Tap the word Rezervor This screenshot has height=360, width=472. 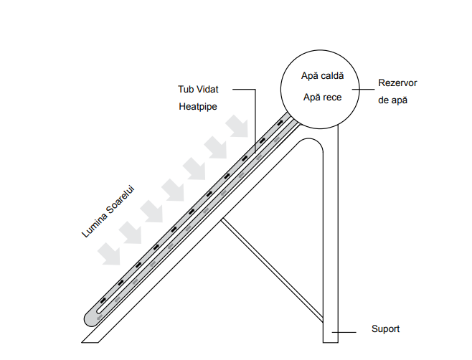pyautogui.click(x=398, y=83)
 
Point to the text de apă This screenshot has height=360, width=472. pyautogui.click(x=392, y=100)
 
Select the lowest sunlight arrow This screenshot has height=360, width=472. pyautogui.click(x=112, y=252)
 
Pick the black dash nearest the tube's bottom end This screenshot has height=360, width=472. pyautogui.click(x=103, y=299)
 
